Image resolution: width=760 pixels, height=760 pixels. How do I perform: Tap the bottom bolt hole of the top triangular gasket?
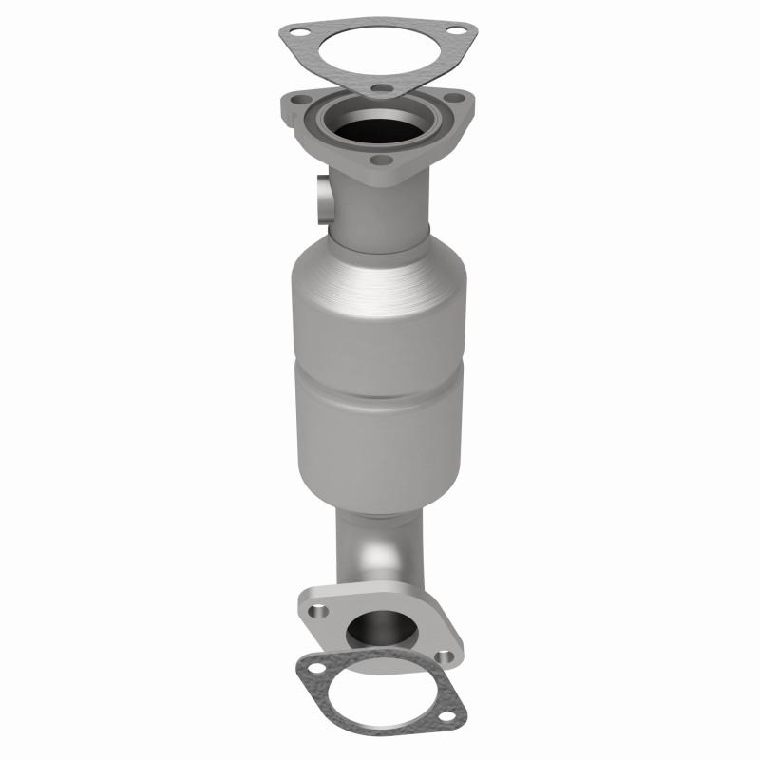point(378,92)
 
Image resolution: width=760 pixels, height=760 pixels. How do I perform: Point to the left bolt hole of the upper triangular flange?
point(301,100)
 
